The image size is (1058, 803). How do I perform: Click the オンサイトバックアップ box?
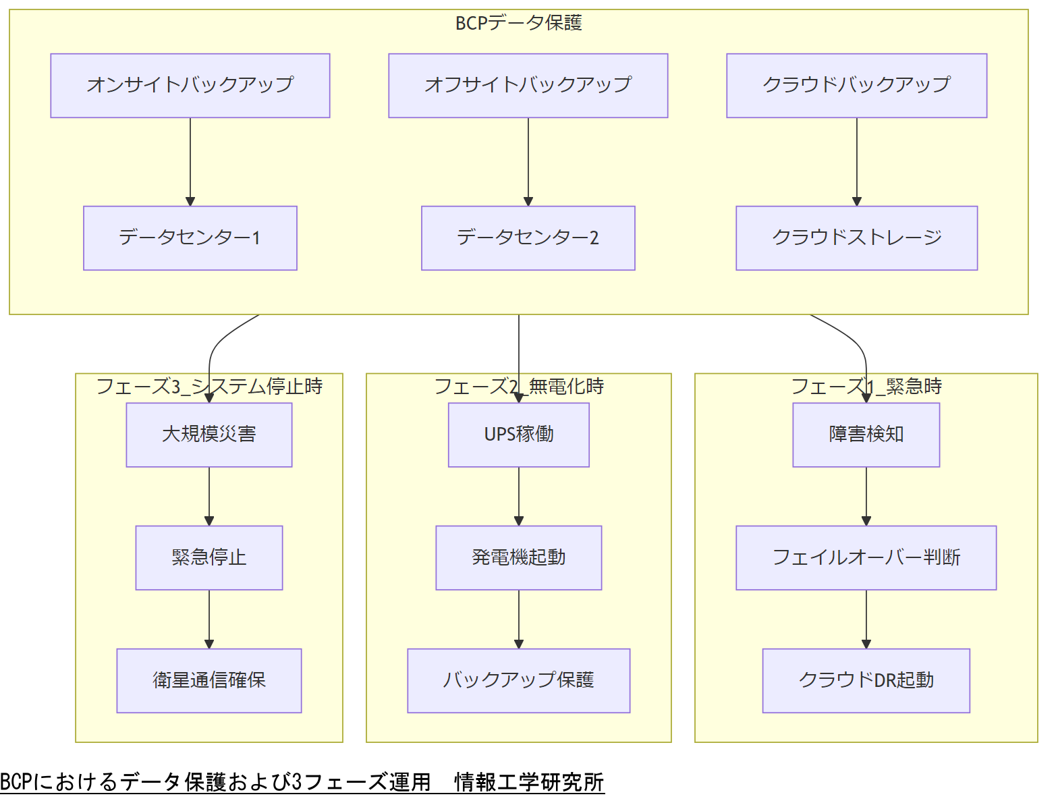pos(190,86)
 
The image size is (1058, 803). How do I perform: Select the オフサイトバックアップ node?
pos(528,86)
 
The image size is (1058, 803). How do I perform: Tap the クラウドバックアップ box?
pos(856,86)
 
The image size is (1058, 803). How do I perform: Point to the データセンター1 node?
pos(190,238)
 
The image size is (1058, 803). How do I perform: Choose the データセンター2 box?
pos(528,238)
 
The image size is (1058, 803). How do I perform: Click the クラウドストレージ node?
pos(856,238)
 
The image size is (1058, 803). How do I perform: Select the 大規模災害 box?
pos(208,435)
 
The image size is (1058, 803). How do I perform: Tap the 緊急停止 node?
pos(208,558)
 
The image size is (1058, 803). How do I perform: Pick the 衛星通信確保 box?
pos(208,681)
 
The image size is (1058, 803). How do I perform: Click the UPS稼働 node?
pos(518,435)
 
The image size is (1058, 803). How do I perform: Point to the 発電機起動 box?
pos(518,558)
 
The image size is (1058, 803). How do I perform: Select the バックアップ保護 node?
pos(518,681)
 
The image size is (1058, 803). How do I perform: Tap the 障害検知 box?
pos(866,435)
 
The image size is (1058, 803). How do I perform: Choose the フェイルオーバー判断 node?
pos(866,558)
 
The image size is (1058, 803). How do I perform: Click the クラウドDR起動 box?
pos(866,681)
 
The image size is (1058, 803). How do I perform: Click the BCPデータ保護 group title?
pos(518,23)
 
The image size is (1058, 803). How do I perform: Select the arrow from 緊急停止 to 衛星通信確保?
pos(209,619)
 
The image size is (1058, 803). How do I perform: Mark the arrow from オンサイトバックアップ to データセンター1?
pos(190,161)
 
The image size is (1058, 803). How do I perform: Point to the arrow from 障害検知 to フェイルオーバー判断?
pos(866,496)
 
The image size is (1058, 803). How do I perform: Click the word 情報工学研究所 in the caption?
pos(529,782)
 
